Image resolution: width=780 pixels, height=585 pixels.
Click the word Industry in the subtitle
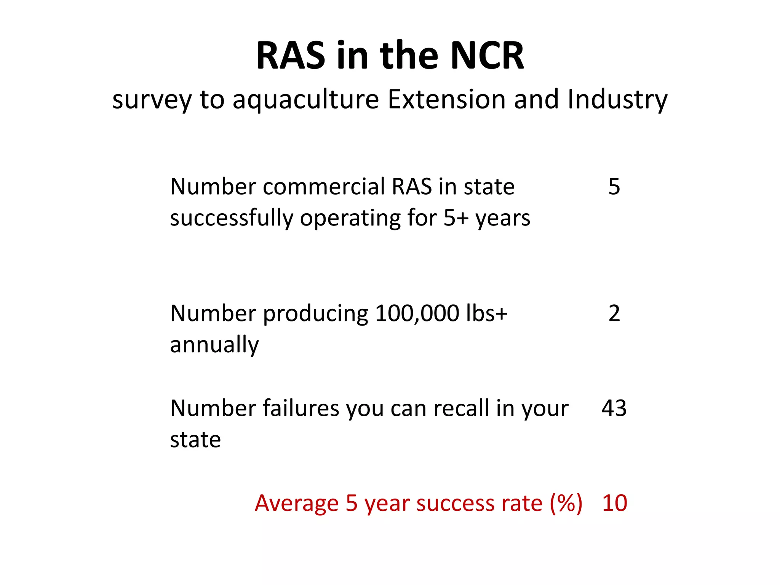pos(617,100)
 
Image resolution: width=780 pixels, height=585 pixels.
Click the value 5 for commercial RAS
pos(614,187)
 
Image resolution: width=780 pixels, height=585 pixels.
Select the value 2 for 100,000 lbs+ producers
pos(614,313)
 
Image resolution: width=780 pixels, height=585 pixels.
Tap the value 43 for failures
pos(614,408)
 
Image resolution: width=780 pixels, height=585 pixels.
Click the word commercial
pos(324,187)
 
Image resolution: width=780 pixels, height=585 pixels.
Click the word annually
pos(214,345)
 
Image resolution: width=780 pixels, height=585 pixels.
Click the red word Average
pos(297,503)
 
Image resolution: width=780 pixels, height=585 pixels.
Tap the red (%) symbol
pos(566,503)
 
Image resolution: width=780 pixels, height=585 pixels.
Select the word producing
pos(315,314)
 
